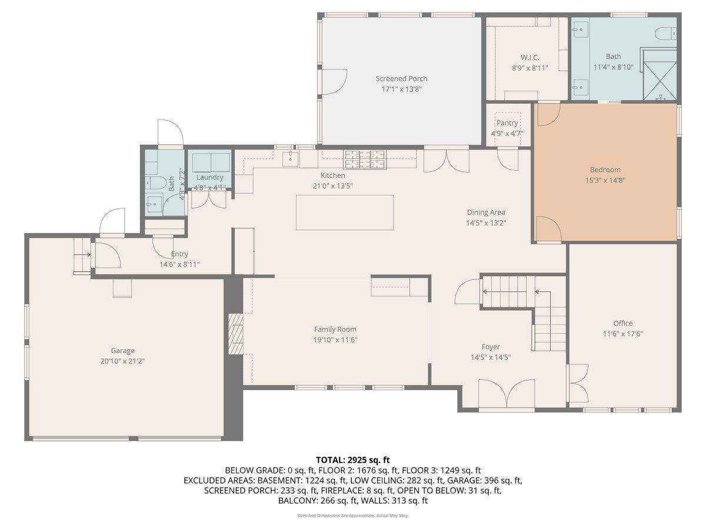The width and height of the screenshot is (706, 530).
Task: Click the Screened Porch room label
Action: (x=401, y=78)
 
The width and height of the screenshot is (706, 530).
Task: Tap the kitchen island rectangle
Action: (x=344, y=213)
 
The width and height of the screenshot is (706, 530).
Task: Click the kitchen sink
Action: (x=291, y=158)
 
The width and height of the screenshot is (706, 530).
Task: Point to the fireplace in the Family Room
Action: (x=236, y=335)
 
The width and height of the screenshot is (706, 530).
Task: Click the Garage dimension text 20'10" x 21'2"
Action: (x=123, y=360)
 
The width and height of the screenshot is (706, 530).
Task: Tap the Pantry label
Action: (x=507, y=123)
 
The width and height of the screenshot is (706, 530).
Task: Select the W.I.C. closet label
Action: (x=529, y=58)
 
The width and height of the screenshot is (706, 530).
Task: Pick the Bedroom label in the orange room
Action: (x=605, y=170)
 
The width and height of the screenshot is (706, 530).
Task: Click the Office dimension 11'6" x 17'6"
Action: (x=622, y=333)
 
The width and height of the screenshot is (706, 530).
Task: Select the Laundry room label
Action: (x=209, y=177)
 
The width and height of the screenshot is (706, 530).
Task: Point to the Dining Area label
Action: (x=486, y=213)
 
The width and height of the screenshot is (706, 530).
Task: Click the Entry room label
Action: (x=179, y=254)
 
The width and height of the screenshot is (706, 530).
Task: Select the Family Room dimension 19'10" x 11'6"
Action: (x=335, y=340)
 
